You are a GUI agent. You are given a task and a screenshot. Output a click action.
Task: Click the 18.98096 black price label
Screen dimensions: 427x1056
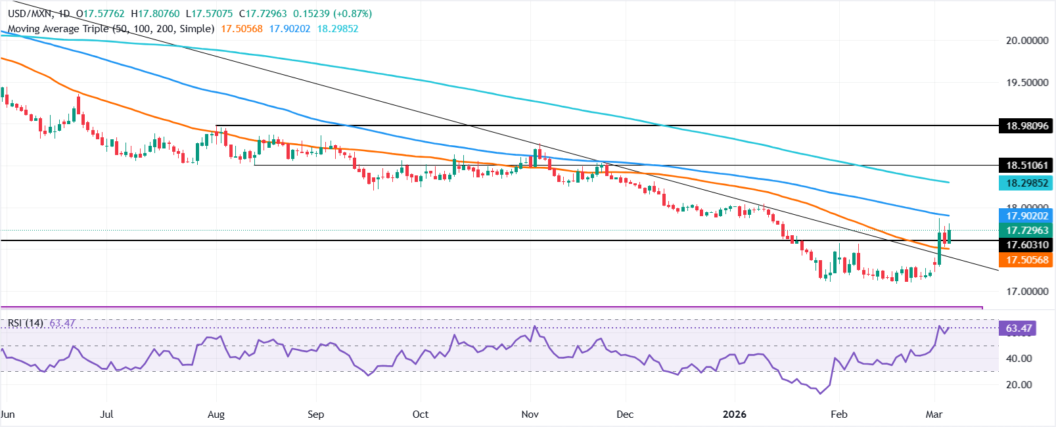(x=1027, y=125)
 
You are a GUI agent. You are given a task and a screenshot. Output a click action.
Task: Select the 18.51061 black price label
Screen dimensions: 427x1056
(x=1027, y=165)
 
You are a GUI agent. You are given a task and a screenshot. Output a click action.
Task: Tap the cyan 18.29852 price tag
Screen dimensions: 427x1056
(x=1027, y=183)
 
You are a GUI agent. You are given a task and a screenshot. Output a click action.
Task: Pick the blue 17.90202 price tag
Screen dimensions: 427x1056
(x=1027, y=215)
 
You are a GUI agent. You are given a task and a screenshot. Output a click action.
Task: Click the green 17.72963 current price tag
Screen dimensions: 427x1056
(x=1027, y=231)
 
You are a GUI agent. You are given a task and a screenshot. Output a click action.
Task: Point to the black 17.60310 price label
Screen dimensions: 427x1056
(x=1027, y=245)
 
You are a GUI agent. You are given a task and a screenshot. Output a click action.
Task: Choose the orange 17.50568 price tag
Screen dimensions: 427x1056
(x=1027, y=260)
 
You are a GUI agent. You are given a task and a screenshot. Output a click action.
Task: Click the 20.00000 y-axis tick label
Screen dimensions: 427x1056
(x=1027, y=41)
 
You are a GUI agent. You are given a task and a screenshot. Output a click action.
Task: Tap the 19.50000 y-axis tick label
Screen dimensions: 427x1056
(x=1027, y=83)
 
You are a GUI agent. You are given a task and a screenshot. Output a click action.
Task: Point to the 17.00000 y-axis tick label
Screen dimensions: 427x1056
(x=1027, y=292)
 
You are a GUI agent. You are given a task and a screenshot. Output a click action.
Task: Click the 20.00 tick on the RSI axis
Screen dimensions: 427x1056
(x=1019, y=385)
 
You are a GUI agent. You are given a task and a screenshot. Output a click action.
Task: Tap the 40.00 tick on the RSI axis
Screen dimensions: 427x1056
(x=1019, y=359)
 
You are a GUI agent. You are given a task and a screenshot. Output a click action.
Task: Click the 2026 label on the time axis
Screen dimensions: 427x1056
(x=734, y=415)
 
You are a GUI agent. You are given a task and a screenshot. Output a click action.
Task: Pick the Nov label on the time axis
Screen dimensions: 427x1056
(x=530, y=415)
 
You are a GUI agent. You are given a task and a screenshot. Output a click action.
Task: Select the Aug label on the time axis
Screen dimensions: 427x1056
(x=216, y=415)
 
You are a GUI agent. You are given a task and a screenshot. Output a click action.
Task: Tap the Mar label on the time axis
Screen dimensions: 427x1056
(x=934, y=415)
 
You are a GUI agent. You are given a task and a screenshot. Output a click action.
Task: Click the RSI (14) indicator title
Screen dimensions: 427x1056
(x=26, y=323)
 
